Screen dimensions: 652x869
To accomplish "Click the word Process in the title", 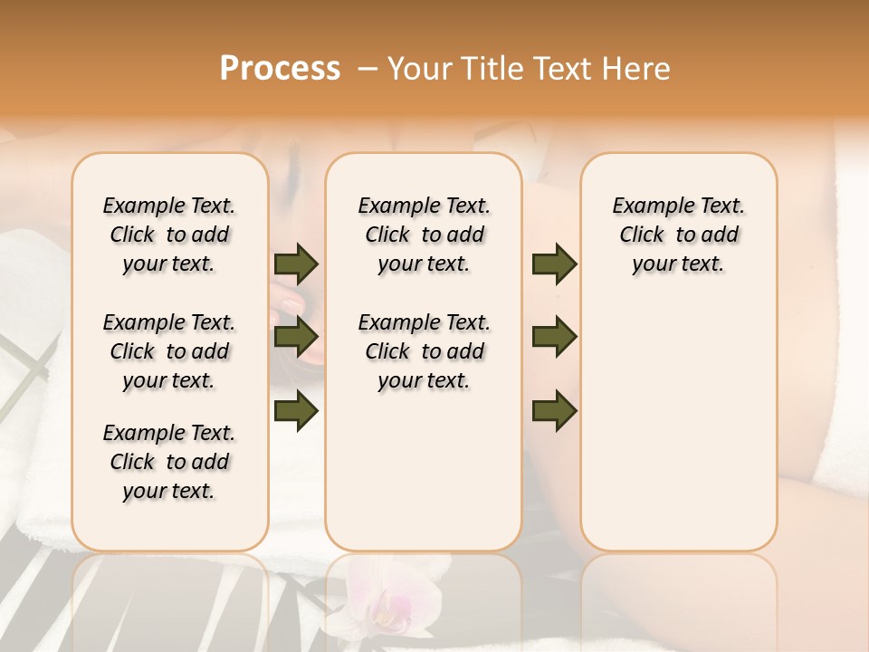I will pos(280,69).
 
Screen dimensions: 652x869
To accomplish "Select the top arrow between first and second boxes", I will pos(296,264).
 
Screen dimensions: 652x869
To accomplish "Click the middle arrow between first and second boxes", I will pos(296,337).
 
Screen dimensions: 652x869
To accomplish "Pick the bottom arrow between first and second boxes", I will pos(296,410).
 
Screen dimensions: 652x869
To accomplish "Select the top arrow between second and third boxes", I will pos(554,264).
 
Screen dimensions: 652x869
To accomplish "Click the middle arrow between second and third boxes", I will pos(554,337).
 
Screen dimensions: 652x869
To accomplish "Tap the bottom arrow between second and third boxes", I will pos(554,410).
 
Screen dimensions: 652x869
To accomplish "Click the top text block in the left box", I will pos(169,235).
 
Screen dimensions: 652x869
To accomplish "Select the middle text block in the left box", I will pos(169,351).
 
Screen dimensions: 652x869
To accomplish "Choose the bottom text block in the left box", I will pos(169,462).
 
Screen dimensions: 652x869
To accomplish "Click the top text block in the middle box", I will pos(424,235).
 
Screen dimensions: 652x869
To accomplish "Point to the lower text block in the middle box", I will pos(424,351).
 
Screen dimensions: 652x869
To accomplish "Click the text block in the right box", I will pos(678,235).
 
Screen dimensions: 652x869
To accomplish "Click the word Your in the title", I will pos(419,69).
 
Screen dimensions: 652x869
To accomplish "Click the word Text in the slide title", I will pos(560,69).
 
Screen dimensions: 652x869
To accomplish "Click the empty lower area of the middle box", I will pos(424,471).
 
